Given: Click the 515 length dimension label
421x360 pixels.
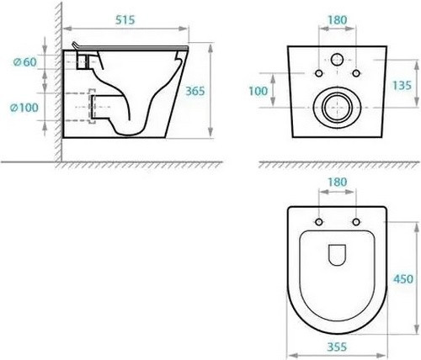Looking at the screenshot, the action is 125,20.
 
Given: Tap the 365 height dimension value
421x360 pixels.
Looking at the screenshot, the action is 195,91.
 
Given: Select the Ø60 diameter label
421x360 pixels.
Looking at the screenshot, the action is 25,62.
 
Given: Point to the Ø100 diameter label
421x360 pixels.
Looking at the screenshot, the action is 24,108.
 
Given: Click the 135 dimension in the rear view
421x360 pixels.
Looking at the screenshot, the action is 402,85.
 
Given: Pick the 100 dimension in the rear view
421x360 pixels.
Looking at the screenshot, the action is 258,91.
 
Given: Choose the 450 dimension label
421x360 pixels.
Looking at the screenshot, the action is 403,279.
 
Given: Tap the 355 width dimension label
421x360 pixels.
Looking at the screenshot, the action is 337,347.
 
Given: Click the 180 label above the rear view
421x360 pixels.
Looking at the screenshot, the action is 338,20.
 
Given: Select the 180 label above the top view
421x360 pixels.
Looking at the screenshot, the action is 338,183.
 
